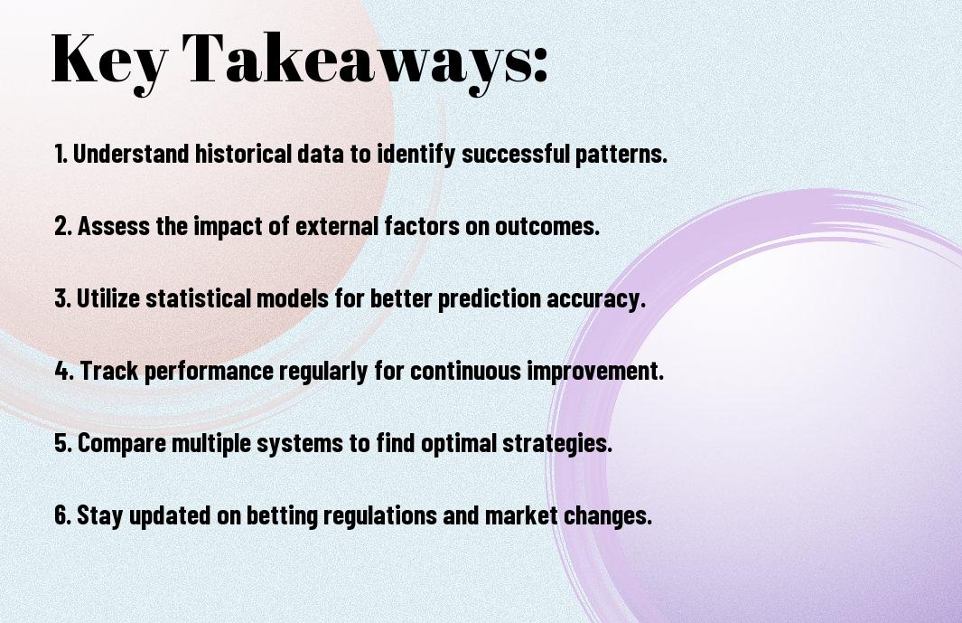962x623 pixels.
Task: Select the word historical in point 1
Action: [x=243, y=154]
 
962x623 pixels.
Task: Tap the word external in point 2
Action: [x=337, y=226]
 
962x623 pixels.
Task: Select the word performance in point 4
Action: [x=209, y=372]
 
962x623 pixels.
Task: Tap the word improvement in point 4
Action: [x=595, y=372]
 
